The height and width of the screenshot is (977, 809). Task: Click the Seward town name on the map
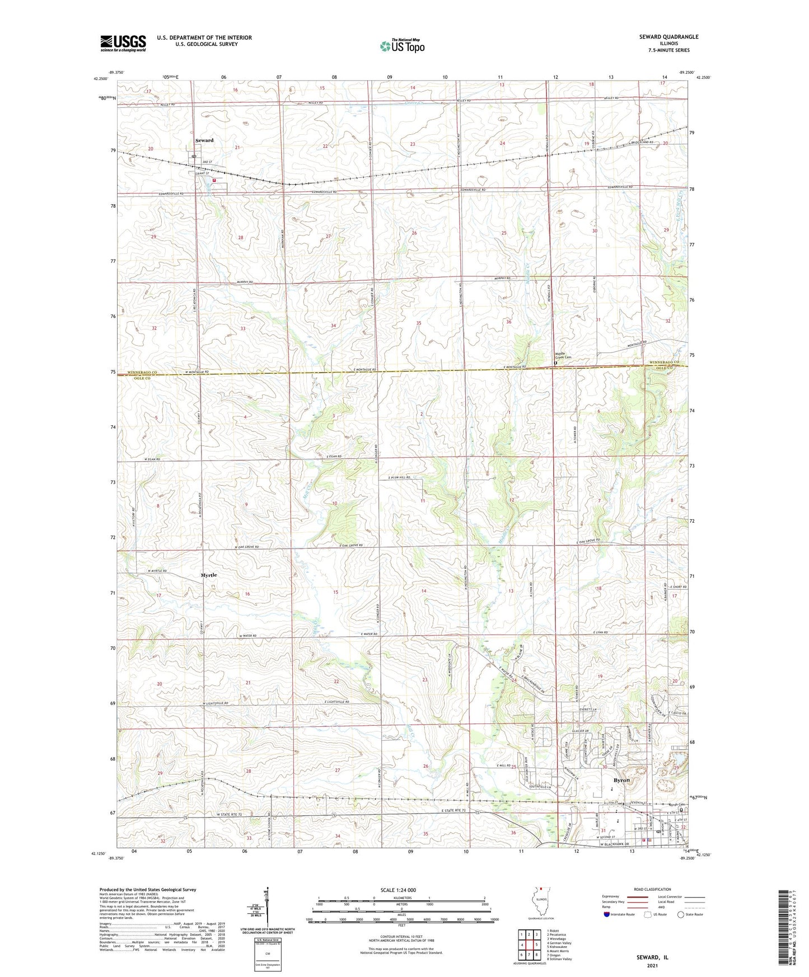[x=204, y=140]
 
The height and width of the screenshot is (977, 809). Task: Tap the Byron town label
[x=621, y=780]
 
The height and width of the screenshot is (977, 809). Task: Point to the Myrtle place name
[x=208, y=575]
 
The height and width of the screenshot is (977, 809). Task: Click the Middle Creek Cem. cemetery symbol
[x=555, y=363]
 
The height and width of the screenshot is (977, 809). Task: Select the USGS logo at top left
[x=123, y=43]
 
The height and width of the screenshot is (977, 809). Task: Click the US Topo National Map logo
[x=401, y=45]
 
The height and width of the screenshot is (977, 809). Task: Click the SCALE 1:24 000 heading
[x=401, y=890]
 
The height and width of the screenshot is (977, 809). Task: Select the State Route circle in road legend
[x=681, y=914]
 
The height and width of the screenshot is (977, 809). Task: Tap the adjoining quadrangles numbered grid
[x=529, y=946]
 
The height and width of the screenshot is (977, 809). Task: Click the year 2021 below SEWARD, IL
[x=652, y=966]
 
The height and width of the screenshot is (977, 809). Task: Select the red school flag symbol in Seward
[x=214, y=181]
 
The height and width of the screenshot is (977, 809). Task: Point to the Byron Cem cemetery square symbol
[x=681, y=810]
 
